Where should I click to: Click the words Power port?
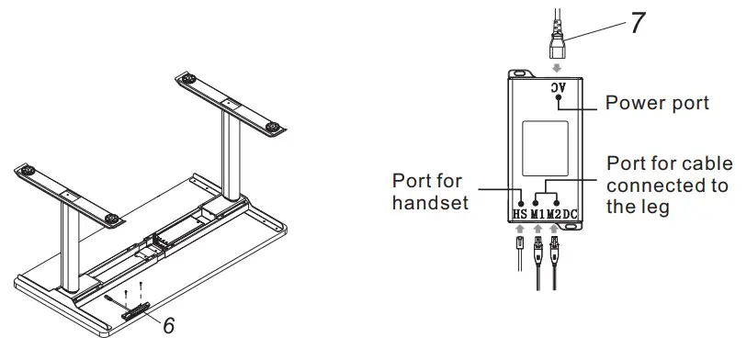coord(657,102)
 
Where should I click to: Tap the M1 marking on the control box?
coord(538,215)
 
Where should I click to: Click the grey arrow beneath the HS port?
coord(521,230)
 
